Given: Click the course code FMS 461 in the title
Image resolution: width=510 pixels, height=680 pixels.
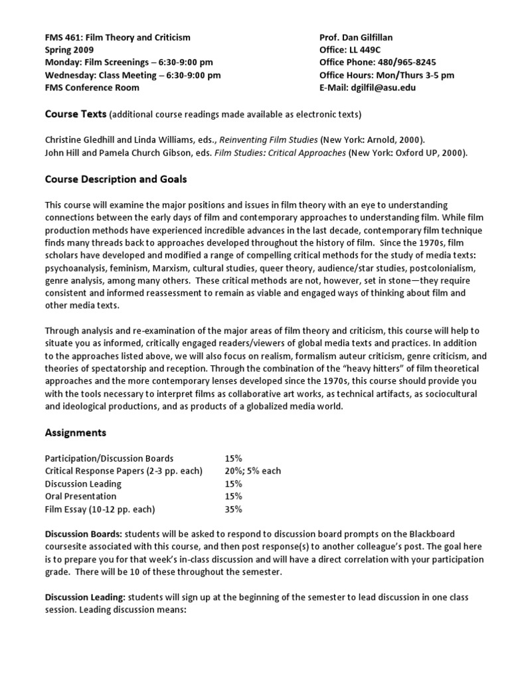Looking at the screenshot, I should pos(62,38).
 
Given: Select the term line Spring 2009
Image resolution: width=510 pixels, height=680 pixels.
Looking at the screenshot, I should pos(69,50).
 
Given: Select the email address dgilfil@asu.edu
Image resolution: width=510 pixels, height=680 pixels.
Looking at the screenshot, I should pos(387,87).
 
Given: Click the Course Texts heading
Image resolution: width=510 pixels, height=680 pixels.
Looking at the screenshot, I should pos(75,114).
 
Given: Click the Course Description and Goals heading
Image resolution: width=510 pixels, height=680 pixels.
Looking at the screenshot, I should pos(116,179).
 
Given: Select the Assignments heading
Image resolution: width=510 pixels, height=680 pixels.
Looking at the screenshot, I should pos(75,433).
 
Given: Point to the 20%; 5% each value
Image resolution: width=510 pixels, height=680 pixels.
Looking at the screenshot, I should pos(253,471).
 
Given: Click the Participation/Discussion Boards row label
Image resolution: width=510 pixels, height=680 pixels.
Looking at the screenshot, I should pos(109,458).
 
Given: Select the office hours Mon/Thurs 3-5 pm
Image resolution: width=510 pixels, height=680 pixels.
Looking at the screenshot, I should pos(411,75).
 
